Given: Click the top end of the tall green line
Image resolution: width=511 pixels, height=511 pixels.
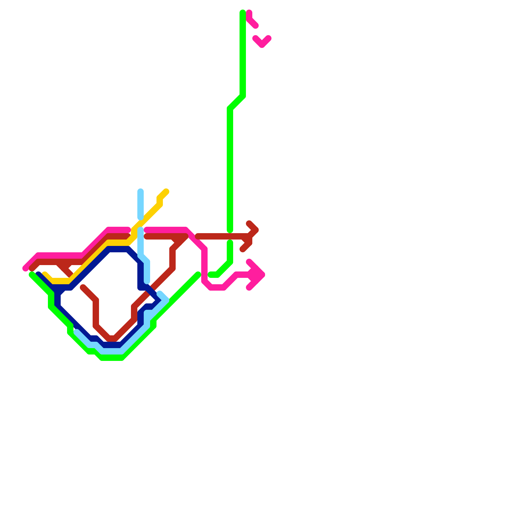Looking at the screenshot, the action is click(243, 13).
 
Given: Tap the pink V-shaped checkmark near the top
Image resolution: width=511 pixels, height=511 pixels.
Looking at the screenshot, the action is click(262, 43).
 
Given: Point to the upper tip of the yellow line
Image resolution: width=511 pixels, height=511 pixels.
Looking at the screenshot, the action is click(166, 192).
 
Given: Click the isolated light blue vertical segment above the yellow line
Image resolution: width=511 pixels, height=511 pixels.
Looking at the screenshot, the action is click(141, 204).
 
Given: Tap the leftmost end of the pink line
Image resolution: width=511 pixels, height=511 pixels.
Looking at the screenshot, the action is click(25, 268).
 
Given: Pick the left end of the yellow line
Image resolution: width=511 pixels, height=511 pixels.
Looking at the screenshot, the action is click(45, 274).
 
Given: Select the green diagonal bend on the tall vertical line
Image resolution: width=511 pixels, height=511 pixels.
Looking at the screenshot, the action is click(237, 102).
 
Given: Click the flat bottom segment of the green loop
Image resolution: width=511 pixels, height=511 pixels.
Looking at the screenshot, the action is click(112, 358).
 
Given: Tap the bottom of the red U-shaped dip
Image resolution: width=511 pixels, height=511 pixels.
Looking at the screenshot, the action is click(112, 339).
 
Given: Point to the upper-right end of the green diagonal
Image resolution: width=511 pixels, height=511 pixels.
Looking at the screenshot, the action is click(198, 274).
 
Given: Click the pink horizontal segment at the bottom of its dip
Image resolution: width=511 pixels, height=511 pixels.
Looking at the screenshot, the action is click(217, 287).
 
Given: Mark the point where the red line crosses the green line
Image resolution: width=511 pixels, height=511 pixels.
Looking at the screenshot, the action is click(230, 236).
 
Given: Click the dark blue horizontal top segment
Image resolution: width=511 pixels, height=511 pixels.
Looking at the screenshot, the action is click(118, 249).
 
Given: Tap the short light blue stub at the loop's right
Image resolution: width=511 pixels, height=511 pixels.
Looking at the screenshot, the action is click(163, 296).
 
